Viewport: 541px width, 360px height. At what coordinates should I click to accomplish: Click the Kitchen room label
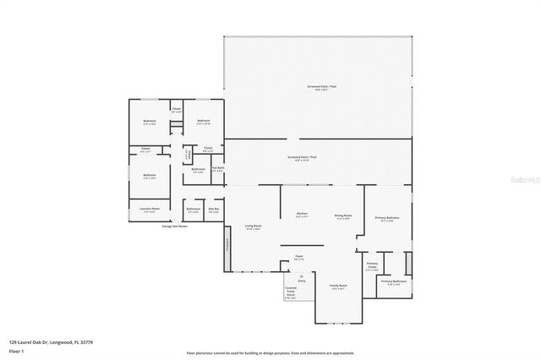[x=302, y=215]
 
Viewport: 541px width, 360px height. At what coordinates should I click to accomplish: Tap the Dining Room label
[x=342, y=215]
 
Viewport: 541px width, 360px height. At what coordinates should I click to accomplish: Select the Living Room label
[x=253, y=226]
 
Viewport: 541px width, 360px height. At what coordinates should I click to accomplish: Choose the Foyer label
[x=298, y=257]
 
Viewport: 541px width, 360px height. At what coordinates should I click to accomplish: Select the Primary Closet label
[x=372, y=266]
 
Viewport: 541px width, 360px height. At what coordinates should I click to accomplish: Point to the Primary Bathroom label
[x=394, y=281]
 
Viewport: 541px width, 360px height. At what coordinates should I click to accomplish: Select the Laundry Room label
[x=149, y=210]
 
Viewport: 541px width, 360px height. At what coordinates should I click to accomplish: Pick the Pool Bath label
[x=217, y=168]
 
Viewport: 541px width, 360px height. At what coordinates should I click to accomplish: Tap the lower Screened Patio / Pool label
[x=302, y=157]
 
